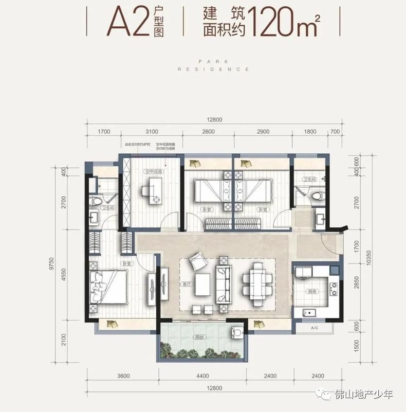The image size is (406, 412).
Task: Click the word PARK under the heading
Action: [213, 60]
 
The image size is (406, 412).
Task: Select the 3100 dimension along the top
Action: [151, 132]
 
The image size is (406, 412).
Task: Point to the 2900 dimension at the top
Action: [263, 132]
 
